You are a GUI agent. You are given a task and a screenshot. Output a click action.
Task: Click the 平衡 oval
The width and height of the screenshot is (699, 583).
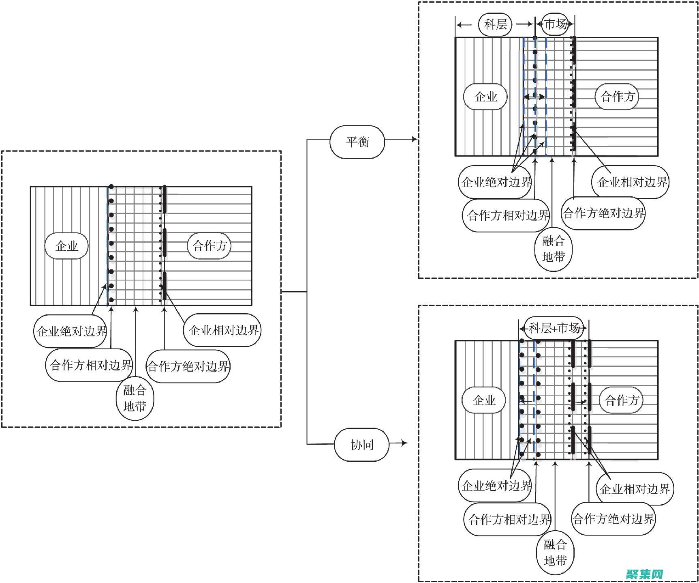(357, 142)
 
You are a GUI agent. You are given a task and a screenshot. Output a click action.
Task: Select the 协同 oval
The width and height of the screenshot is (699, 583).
(361, 445)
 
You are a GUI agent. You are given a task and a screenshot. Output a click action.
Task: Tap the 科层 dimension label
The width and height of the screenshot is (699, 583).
(495, 24)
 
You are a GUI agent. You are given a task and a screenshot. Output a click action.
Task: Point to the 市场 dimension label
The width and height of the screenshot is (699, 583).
(555, 24)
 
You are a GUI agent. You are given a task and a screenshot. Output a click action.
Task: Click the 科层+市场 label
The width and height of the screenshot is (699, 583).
(554, 328)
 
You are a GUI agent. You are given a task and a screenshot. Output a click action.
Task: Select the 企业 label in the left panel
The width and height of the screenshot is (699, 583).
(66, 246)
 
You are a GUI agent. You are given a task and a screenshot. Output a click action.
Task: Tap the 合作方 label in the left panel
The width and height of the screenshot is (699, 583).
(209, 246)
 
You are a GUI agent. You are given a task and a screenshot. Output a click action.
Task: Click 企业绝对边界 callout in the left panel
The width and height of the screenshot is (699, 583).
(71, 331)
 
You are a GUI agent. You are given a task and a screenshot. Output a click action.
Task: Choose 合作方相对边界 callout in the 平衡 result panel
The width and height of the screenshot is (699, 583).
(507, 215)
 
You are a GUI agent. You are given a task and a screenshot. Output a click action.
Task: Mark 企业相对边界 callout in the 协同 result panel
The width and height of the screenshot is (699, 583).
(635, 489)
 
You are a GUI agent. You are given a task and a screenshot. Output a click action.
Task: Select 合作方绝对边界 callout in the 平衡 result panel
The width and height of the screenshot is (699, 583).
(603, 213)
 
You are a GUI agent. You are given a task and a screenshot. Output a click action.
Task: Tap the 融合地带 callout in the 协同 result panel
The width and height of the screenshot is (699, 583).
(555, 552)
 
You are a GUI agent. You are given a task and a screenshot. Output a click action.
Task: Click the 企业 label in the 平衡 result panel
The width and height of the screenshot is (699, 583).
(485, 97)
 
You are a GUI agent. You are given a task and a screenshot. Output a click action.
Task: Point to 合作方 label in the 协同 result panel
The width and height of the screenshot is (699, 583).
(622, 400)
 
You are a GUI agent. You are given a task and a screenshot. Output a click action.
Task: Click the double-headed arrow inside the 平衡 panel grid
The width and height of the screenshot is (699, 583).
(534, 97)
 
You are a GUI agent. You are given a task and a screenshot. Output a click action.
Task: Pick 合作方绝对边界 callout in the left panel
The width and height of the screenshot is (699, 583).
(188, 366)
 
